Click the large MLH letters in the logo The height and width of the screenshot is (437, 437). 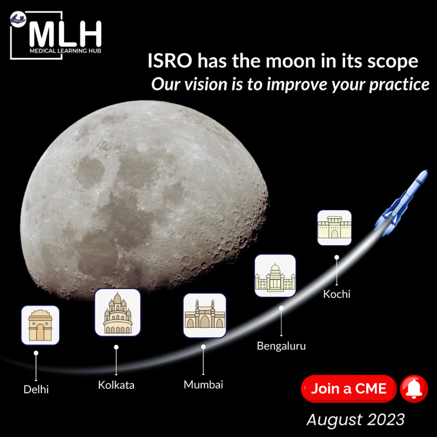tap(65, 34)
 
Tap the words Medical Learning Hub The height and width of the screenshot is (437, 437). tap(65, 51)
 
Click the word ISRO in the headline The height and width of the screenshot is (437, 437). tap(170, 61)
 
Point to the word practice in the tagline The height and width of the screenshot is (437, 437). tap(399, 85)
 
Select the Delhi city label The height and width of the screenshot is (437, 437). tap(36, 389)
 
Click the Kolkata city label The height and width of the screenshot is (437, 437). tap(116, 385)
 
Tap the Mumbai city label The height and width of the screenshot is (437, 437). tap(203, 385)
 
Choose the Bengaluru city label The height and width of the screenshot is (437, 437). tap(281, 346)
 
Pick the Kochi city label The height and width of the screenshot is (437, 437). tap(337, 294)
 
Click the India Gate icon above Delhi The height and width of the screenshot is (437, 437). tap(41, 325)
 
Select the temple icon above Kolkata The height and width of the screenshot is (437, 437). tap(118, 313)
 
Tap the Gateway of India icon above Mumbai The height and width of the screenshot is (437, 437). tap(205, 315)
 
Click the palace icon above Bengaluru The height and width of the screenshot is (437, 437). tap(275, 276)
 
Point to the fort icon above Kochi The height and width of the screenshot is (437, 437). tap(335, 228)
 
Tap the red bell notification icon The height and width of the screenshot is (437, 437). tap(414, 389)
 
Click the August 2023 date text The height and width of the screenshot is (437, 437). tap(355, 419)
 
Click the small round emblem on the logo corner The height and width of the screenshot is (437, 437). tap(18, 19)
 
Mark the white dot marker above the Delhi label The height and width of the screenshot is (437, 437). tap(36, 353)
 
